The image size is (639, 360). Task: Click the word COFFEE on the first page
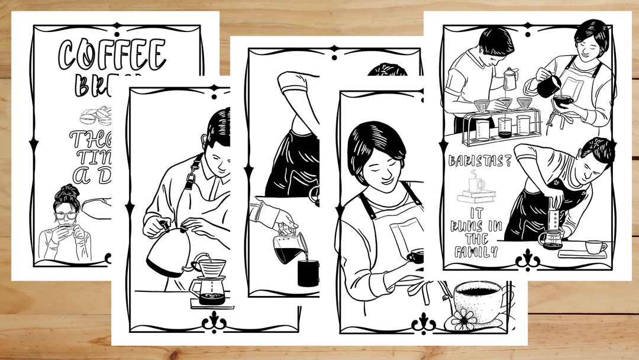tap(112, 55)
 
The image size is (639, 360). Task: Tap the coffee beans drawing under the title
tap(95, 115)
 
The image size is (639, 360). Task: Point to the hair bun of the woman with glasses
tap(66, 191)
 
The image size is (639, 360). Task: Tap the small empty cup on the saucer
tap(595, 246)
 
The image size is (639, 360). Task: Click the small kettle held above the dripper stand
tap(509, 77)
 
